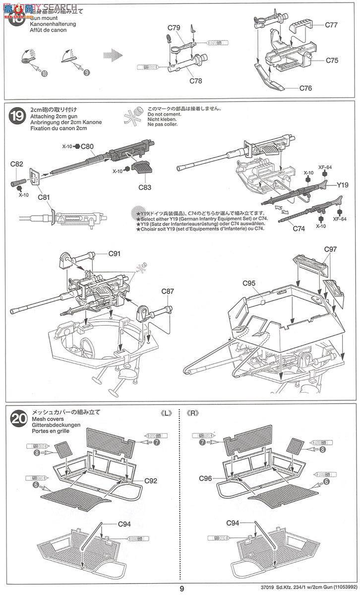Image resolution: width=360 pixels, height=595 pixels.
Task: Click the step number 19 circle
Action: tap(16, 117)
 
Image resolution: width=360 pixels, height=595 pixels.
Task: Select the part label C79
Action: tap(174, 28)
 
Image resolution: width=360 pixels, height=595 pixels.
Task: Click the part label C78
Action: tap(195, 81)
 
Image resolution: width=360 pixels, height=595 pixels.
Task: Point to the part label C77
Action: tap(332, 24)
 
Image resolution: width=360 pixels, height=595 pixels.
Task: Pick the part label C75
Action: tap(332, 60)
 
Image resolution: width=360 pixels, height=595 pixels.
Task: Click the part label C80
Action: tap(87, 146)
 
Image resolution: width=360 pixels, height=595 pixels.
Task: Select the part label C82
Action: tap(16, 164)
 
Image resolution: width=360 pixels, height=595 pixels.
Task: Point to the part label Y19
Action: tap(343, 185)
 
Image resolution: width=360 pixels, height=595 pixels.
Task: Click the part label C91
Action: tap(115, 254)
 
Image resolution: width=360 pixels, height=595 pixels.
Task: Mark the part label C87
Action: tap(167, 292)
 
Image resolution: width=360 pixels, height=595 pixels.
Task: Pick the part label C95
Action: tap(249, 283)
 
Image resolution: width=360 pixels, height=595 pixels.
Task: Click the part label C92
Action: tap(151, 480)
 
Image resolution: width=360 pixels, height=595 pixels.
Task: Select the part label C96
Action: tap(206, 478)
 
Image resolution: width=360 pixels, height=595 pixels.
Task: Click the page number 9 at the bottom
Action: tap(182, 589)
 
